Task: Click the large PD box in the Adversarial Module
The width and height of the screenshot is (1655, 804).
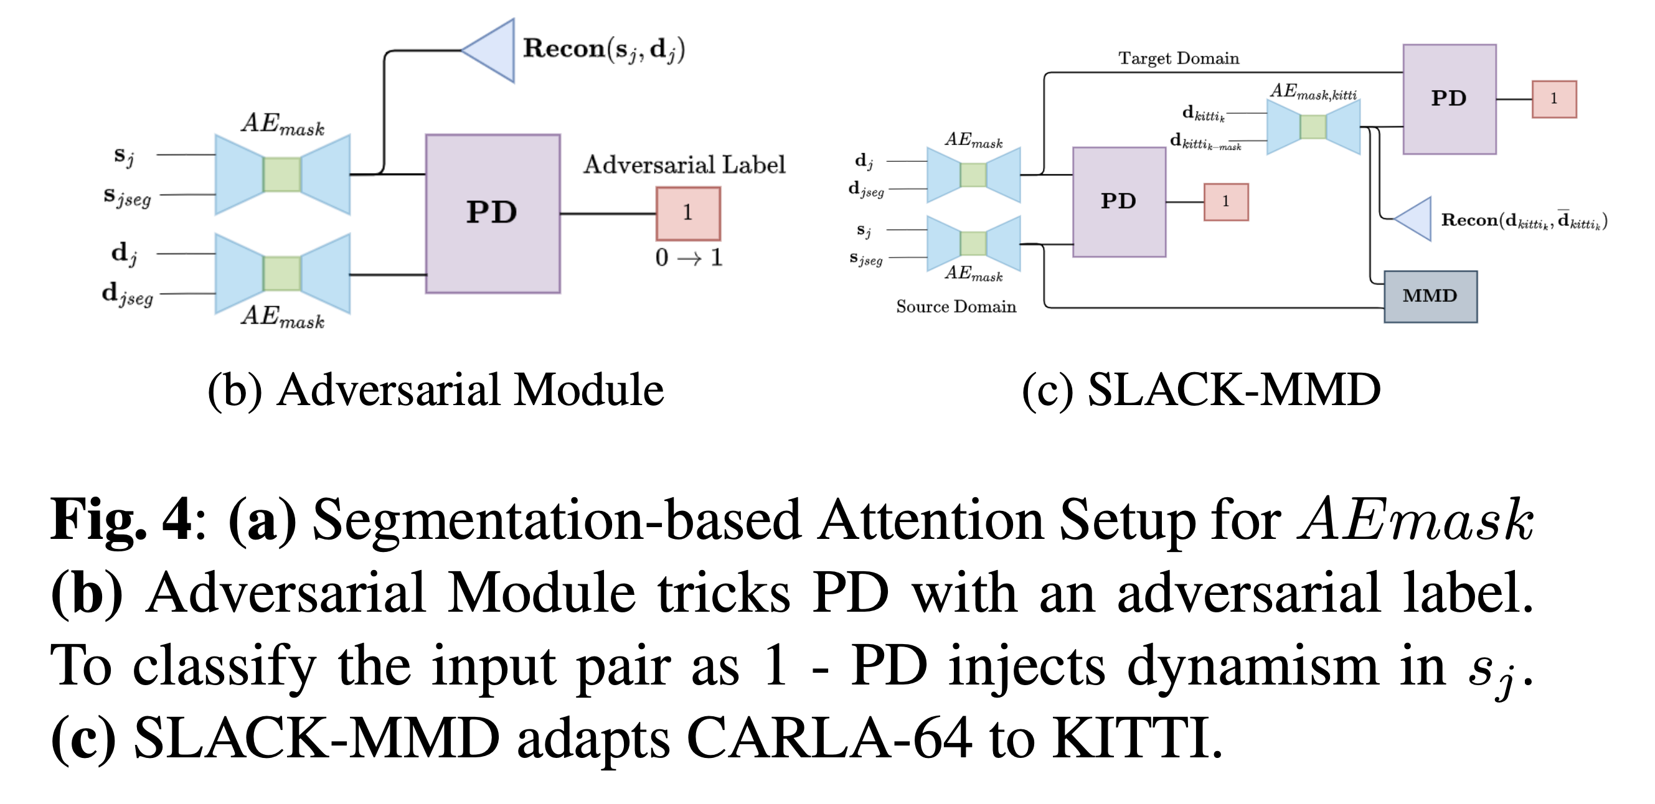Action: coord(492,213)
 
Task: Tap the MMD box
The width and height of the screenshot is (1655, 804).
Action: coord(1430,296)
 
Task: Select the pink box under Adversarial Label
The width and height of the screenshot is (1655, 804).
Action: coord(687,213)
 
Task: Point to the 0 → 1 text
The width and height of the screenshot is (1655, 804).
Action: coord(688,258)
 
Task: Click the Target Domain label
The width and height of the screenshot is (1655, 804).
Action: coord(1178,58)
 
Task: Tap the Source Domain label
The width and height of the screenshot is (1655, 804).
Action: coord(955,307)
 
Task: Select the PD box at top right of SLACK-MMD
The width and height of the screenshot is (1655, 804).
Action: coord(1449,99)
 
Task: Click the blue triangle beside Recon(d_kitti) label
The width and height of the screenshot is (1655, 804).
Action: coord(1415,220)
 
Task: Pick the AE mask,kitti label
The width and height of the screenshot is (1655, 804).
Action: coord(1313,92)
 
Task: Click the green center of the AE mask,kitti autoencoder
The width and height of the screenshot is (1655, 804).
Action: coord(1313,126)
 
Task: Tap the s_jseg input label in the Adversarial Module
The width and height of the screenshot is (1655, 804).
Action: coord(127,197)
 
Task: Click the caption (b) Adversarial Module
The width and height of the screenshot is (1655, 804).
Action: coord(436,390)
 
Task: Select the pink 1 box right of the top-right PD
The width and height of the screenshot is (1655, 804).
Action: coord(1554,99)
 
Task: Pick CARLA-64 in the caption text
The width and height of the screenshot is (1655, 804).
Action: coord(829,739)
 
